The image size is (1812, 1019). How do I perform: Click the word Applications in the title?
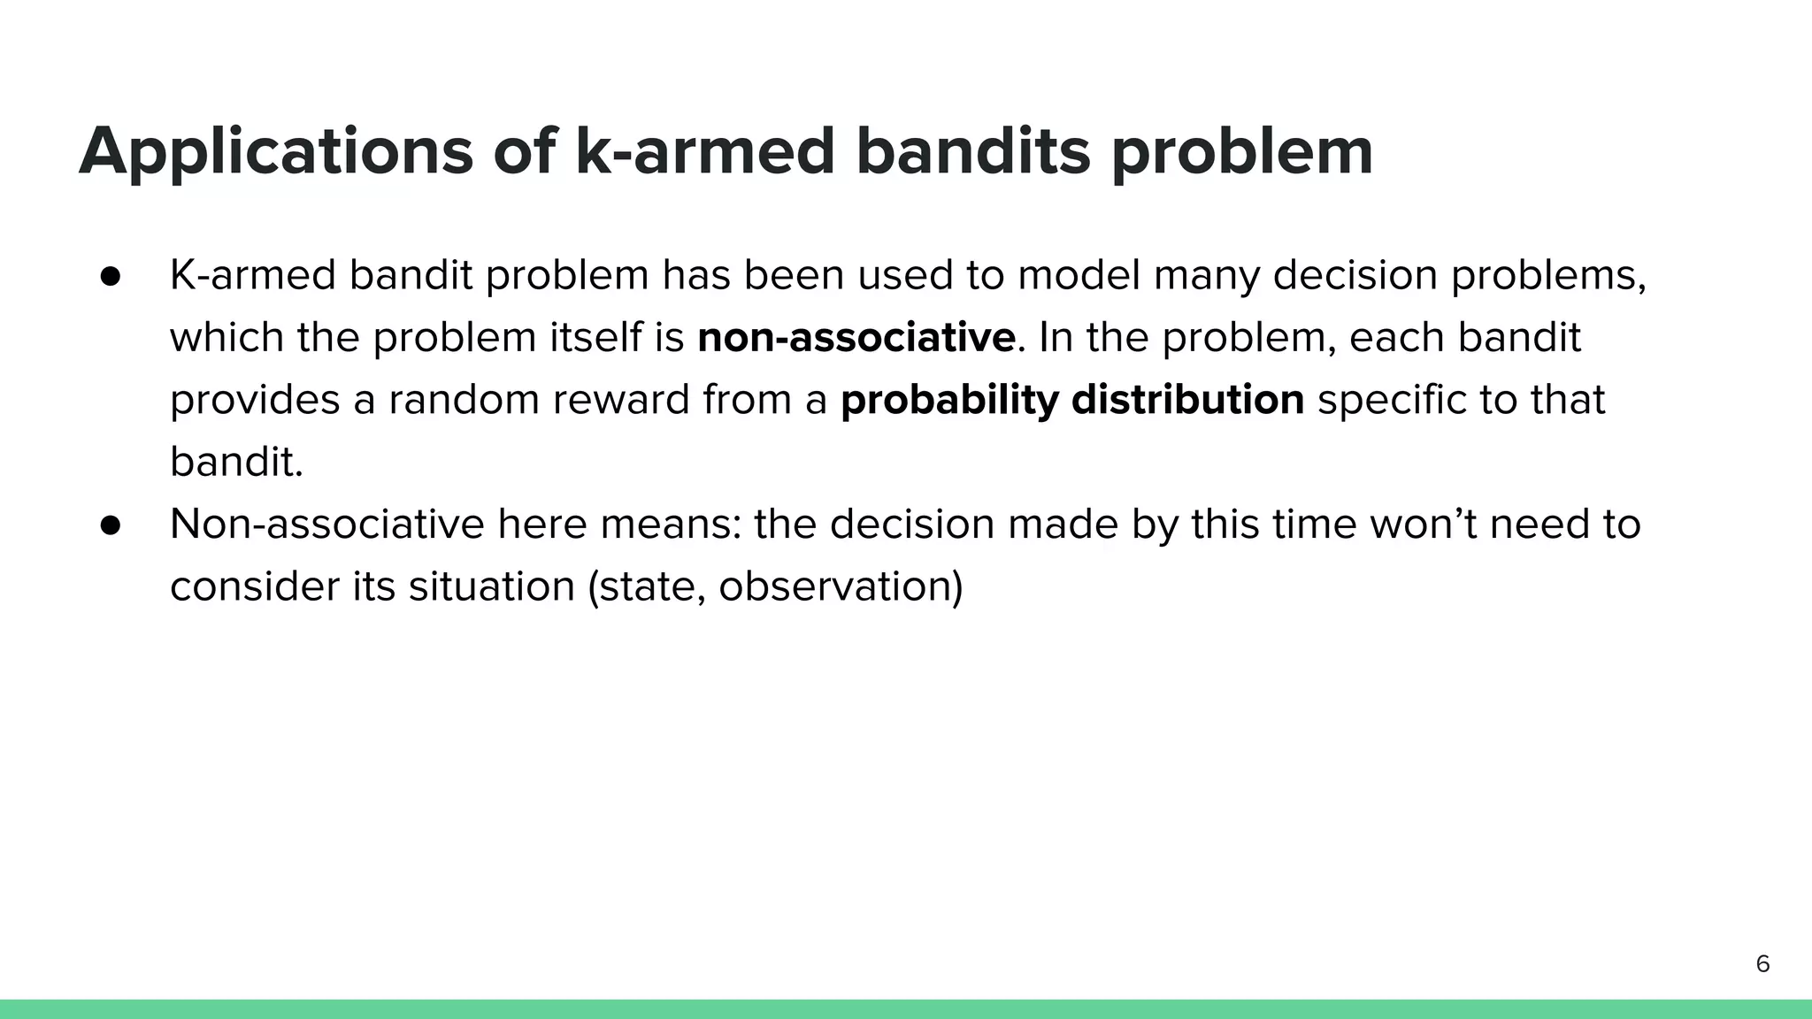(276, 152)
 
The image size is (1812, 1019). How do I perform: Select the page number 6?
(1762, 964)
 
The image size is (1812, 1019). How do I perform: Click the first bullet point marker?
(111, 276)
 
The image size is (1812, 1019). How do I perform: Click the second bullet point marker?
(111, 525)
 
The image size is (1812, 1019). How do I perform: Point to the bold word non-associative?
(856, 338)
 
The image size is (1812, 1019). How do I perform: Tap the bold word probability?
(948, 400)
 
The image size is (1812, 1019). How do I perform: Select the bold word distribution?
(1187, 400)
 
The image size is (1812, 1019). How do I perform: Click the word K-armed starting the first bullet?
(252, 276)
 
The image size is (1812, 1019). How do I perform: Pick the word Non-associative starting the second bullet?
(326, 525)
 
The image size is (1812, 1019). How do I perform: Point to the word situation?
(491, 586)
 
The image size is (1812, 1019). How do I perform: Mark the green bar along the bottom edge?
(906, 1009)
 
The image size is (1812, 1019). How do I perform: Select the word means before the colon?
(669, 525)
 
